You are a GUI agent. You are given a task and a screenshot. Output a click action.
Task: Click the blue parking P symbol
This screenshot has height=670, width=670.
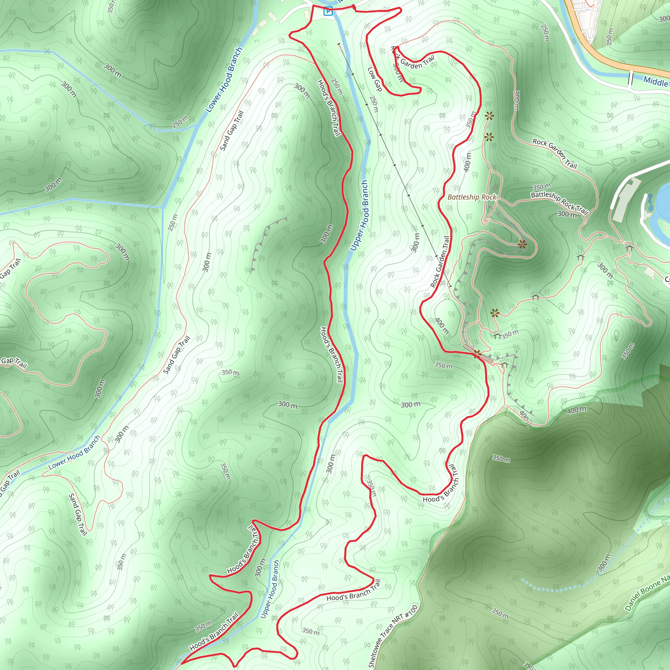click(328, 12)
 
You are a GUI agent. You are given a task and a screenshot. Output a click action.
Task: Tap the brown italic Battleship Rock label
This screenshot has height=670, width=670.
click(472, 197)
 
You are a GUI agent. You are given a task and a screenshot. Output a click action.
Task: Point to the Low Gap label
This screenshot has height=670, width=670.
click(375, 79)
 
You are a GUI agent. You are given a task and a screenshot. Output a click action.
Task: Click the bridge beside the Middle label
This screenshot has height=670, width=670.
click(630, 79)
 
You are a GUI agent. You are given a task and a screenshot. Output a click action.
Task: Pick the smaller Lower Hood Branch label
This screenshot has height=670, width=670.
click(74, 452)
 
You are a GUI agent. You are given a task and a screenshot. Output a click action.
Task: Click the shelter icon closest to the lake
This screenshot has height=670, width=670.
click(629, 248)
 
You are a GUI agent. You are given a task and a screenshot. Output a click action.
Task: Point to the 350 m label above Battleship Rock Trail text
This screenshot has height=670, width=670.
click(541, 187)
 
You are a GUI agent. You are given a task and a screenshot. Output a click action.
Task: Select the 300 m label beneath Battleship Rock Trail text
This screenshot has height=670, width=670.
click(567, 214)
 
